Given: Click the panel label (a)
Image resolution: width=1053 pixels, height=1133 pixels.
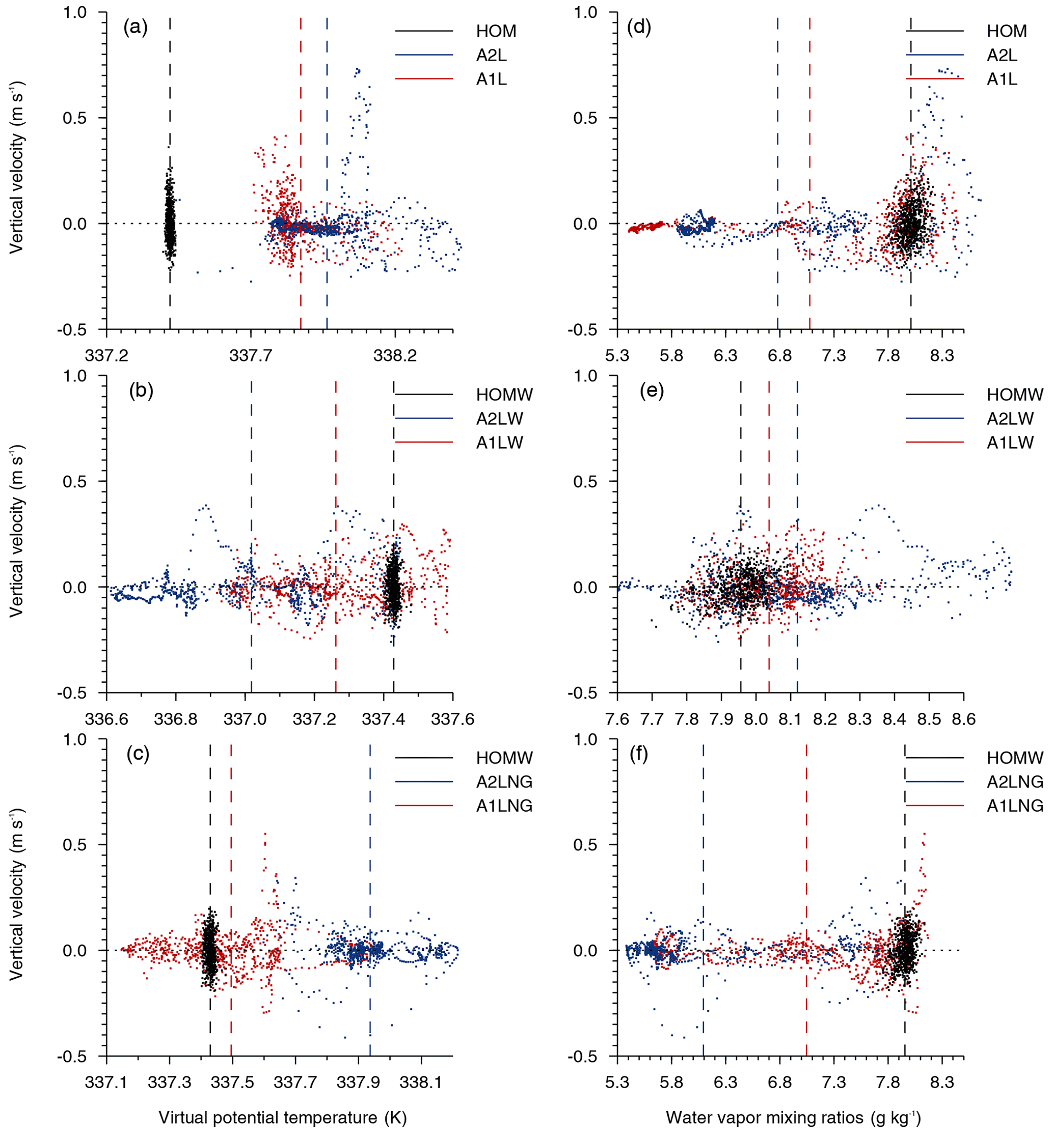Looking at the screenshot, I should pos(136,27).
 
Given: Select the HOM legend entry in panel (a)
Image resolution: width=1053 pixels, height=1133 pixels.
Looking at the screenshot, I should pos(496,32).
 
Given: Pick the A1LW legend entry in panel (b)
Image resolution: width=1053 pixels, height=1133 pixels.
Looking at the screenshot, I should pos(499,443).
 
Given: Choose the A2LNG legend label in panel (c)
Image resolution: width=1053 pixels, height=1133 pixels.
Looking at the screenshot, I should pos(504,782).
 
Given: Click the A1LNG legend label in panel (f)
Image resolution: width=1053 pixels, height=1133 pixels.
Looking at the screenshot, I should pos(1015,806).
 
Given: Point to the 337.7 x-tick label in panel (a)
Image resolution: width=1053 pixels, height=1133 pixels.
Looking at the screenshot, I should pos(251,356).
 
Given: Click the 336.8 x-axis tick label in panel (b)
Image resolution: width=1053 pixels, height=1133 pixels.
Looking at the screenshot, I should pos(176,720).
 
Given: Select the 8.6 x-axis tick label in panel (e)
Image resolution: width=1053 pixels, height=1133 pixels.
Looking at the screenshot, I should pos(963,720).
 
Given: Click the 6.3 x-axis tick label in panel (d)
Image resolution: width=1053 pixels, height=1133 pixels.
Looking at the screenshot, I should pos(725,356).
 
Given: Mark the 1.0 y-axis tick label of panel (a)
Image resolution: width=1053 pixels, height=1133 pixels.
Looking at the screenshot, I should pos(75,13).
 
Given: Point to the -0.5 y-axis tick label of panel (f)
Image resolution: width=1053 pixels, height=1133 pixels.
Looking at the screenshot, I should pos(585,1057).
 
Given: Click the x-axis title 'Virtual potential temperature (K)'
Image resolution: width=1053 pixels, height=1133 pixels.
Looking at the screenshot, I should pos(283,1118).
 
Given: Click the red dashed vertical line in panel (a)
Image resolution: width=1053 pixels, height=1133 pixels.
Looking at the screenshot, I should pos(301,171).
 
